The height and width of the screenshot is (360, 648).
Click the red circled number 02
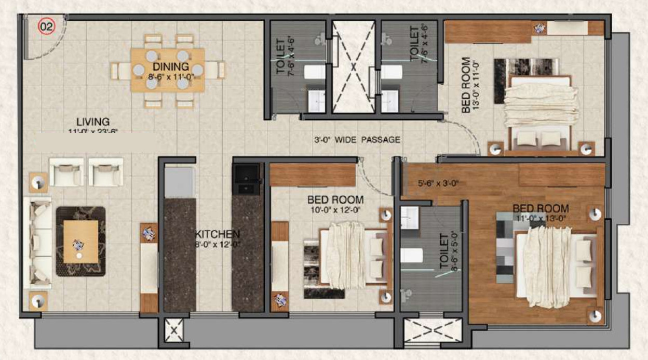click(47, 27)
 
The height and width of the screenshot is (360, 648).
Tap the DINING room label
click(170, 66)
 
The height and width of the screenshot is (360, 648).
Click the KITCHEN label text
click(217, 234)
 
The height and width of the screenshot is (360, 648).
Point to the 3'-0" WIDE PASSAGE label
click(357, 139)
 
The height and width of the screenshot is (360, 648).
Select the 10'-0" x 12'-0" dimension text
click(335, 210)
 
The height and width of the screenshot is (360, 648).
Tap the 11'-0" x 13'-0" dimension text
click(541, 219)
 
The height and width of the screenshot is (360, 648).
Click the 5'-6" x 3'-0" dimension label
click(438, 183)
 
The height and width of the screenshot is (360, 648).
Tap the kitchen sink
click(246, 179)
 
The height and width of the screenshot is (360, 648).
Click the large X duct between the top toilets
click(353, 66)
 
